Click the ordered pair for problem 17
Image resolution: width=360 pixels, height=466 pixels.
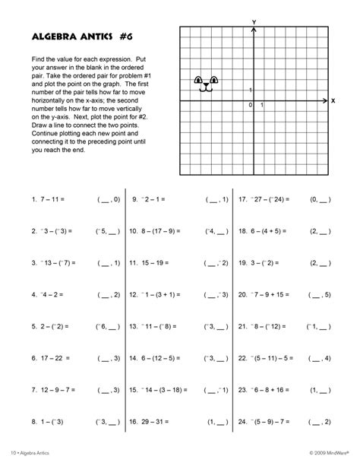pos(321,200)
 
